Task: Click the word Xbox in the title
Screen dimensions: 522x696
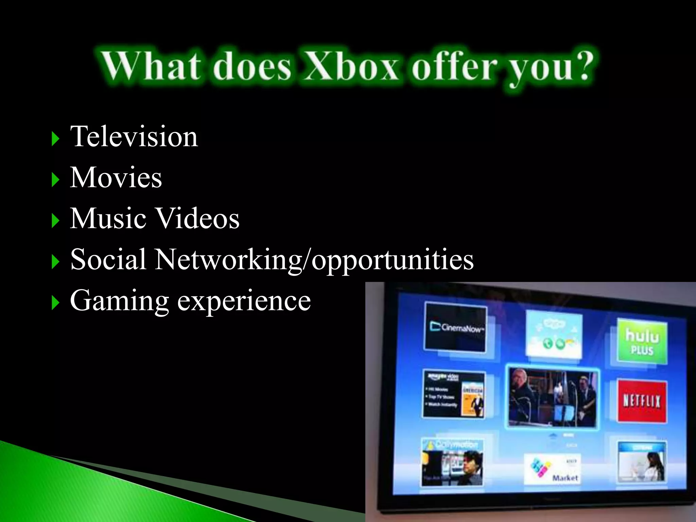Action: pyautogui.click(x=351, y=66)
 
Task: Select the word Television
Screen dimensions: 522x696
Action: pyautogui.click(x=134, y=137)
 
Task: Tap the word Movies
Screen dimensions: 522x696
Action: pyautogui.click(x=116, y=178)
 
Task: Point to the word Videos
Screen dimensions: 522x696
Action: pyautogui.click(x=197, y=219)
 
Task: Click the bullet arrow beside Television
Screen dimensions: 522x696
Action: pyautogui.click(x=55, y=139)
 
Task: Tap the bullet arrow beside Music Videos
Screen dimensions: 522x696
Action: pyautogui.click(x=55, y=221)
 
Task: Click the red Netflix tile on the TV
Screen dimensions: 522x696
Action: pyautogui.click(x=642, y=401)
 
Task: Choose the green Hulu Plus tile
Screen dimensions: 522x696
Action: pyautogui.click(x=642, y=342)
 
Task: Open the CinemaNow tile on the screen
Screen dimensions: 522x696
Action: pyautogui.click(x=455, y=327)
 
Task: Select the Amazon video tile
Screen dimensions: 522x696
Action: pyautogui.click(x=454, y=394)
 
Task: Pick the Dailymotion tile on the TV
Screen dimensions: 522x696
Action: pyautogui.click(x=452, y=462)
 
